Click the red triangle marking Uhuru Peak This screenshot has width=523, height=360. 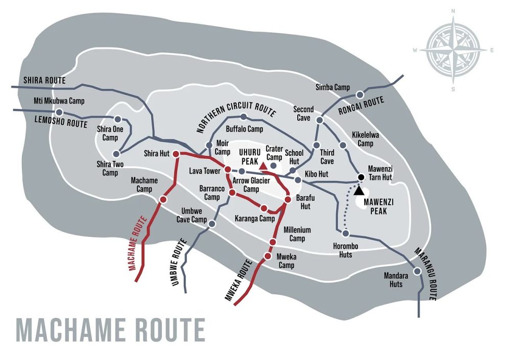(x=263, y=166)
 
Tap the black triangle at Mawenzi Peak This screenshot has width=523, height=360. (x=360, y=190)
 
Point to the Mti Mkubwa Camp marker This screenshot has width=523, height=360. (x=59, y=112)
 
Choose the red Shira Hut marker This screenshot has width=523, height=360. (x=176, y=154)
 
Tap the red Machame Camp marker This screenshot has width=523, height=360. (x=163, y=200)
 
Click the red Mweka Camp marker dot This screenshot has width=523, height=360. (x=267, y=256)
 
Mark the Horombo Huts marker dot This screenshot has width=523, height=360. (x=345, y=233)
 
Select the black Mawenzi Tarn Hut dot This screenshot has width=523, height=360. (x=361, y=177)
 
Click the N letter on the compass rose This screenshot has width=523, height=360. (x=454, y=11)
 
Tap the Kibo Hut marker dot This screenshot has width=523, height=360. (x=297, y=180)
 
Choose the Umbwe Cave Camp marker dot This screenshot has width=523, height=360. (x=211, y=224)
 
